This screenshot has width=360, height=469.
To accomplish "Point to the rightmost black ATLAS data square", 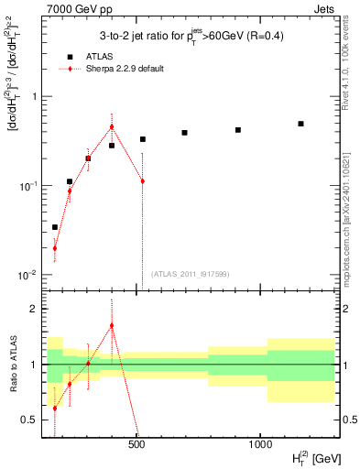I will click(x=300, y=124).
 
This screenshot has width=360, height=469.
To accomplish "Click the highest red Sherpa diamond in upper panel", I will click(x=112, y=127).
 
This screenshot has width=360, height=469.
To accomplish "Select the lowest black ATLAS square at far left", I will click(x=55, y=226).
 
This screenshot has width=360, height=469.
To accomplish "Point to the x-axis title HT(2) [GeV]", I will click(x=305, y=455).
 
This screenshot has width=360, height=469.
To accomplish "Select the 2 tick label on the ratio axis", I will click(x=34, y=309).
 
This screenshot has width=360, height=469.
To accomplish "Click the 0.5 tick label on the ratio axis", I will click(x=29, y=420).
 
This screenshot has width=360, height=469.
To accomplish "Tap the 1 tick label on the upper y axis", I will click(x=34, y=96).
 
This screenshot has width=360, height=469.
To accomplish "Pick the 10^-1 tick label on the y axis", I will click(x=28, y=185).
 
